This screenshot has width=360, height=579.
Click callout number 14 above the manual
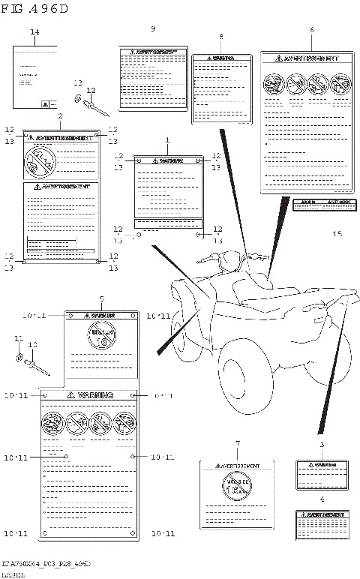tap(34, 31)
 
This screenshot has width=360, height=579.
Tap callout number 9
tap(153, 28)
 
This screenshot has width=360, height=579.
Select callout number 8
tap(220, 37)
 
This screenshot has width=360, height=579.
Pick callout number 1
tap(167, 140)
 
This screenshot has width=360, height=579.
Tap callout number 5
tap(101, 298)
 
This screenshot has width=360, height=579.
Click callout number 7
tap(237, 444)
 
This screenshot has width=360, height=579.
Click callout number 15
tap(337, 234)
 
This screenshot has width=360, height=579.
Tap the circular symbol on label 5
tap(101, 336)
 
